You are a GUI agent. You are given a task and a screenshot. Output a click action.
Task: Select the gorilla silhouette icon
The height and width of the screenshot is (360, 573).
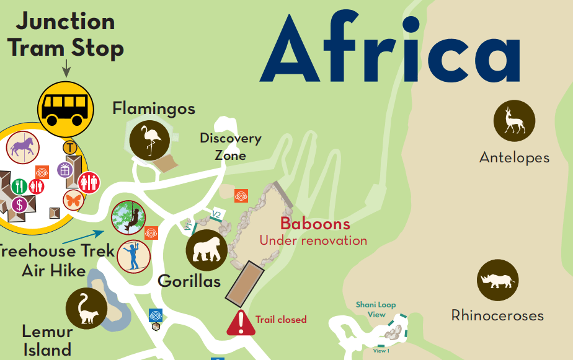[x=207, y=250]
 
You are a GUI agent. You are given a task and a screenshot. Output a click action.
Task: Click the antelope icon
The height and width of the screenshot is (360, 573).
[x=514, y=120]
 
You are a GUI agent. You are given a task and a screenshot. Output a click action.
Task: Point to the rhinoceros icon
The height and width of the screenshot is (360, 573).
[x=497, y=281]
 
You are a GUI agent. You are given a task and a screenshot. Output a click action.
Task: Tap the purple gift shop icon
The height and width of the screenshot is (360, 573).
[x=64, y=169]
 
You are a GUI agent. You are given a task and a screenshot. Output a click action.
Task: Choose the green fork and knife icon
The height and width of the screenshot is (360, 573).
[x=19, y=185]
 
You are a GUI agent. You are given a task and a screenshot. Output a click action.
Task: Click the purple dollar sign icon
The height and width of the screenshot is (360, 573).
[x=20, y=204]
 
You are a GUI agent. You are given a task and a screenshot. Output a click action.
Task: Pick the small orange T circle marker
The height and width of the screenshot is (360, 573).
[x=70, y=147]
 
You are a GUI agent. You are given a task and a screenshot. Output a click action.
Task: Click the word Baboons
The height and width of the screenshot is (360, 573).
[x=315, y=224]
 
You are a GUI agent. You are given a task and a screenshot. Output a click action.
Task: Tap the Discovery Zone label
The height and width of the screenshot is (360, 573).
[x=230, y=146]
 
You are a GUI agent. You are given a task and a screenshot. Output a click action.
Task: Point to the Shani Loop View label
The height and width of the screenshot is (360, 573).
[x=376, y=309]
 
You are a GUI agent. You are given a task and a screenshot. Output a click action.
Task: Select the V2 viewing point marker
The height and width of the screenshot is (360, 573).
[x=216, y=215]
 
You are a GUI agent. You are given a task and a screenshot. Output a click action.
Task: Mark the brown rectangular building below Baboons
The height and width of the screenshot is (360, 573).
[x=244, y=283]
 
